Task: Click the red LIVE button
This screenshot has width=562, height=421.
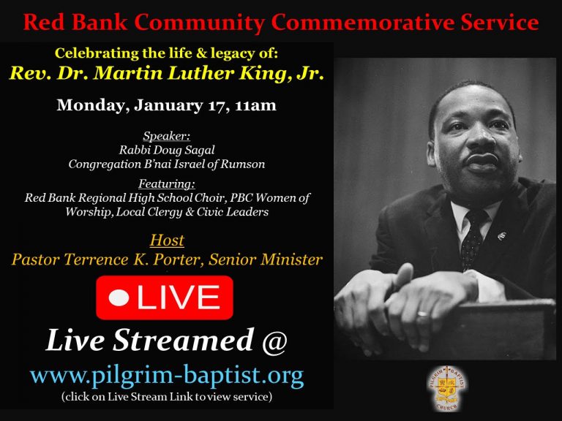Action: click(165, 297)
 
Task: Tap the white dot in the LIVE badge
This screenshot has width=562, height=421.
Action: click(119, 298)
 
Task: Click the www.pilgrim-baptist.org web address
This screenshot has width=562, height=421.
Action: click(167, 376)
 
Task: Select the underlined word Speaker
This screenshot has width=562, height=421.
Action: click(167, 136)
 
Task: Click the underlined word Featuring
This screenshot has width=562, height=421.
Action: click(167, 184)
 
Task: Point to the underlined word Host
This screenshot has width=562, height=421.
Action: click(167, 240)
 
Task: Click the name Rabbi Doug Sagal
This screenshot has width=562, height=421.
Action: click(167, 150)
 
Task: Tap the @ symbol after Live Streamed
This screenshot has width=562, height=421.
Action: click(274, 341)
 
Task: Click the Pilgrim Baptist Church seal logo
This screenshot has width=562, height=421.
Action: click(447, 387)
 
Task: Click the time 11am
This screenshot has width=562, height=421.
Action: click(255, 105)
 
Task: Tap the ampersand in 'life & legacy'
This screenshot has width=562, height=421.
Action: click(201, 53)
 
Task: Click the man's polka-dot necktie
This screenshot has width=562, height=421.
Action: click(473, 237)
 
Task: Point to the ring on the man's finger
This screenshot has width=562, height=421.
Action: click(422, 314)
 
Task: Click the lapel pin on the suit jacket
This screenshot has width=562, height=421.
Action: click(502, 235)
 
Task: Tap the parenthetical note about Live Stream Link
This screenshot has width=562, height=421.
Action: click(167, 397)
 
